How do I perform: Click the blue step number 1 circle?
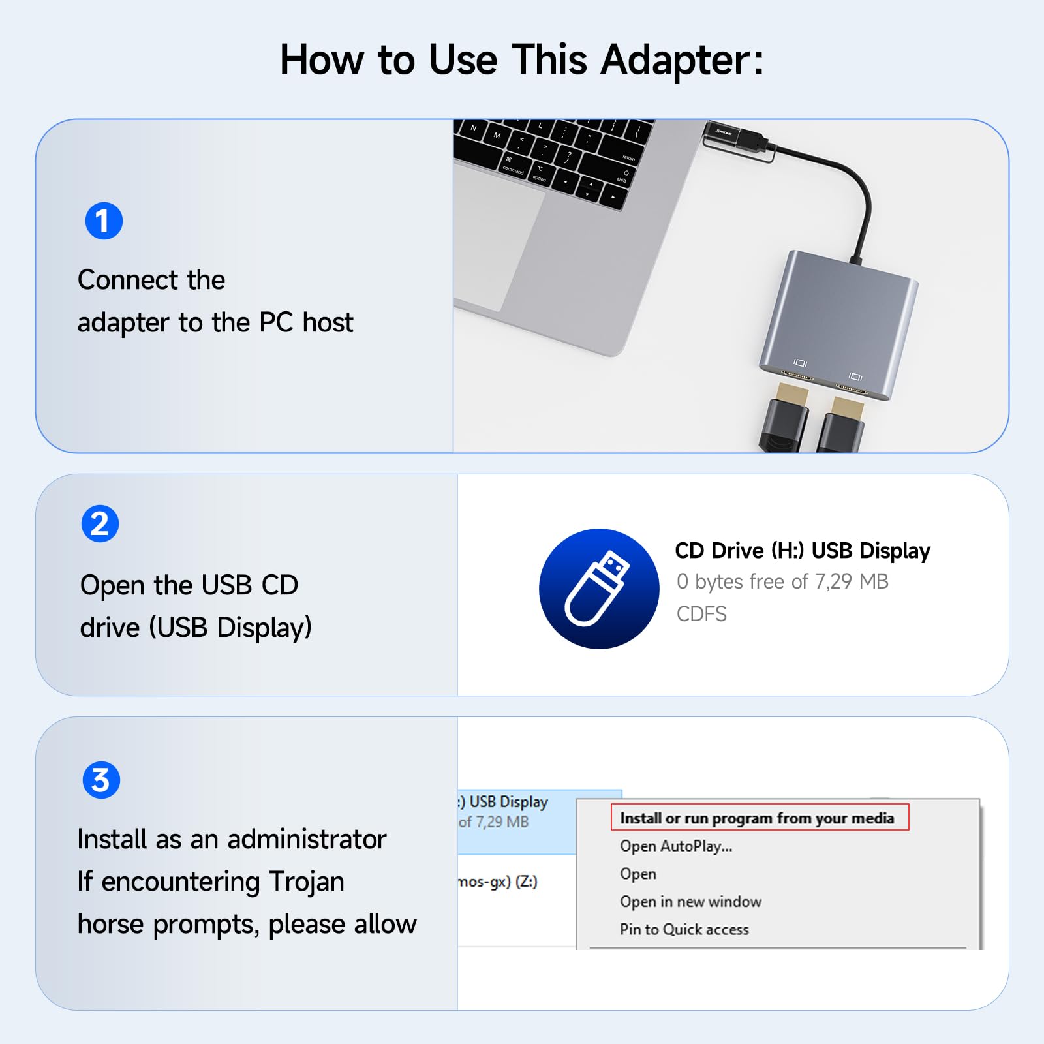pyautogui.click(x=104, y=221)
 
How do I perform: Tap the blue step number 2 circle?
pyautogui.click(x=100, y=524)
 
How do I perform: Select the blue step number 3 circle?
pyautogui.click(x=101, y=780)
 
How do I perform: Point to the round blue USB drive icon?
pyautogui.click(x=599, y=589)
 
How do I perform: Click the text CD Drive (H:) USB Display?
pyautogui.click(x=803, y=551)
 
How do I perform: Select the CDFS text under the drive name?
pyautogui.click(x=701, y=614)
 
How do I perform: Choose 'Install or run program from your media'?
pyautogui.click(x=757, y=818)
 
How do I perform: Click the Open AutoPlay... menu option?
pyautogui.click(x=676, y=846)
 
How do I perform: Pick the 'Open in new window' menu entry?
pyautogui.click(x=690, y=902)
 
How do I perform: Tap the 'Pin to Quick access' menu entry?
pyautogui.click(x=684, y=930)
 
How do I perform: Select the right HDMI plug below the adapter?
pyautogui.click(x=843, y=424)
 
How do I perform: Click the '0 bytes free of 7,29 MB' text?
pyautogui.click(x=782, y=581)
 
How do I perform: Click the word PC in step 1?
pyautogui.click(x=276, y=322)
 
